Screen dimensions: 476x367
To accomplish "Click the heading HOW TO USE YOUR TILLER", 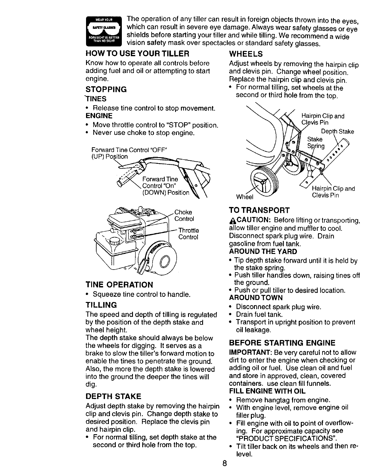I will pos(137,54).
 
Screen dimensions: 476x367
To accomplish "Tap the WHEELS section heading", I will pos(246,54).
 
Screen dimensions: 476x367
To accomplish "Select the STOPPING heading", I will pos(106,90).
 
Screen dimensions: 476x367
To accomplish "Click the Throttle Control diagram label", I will pos(188,233).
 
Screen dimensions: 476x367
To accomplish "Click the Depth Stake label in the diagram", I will pos(338,132).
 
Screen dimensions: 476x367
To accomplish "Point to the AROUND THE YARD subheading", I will pos(263,251).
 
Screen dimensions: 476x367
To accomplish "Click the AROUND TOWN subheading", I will pos(256,297).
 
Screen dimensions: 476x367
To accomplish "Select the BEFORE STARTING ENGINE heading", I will pos(282,343).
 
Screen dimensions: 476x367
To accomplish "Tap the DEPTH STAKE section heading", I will pos(113,396).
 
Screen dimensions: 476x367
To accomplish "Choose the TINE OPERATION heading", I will pos(119,284).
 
